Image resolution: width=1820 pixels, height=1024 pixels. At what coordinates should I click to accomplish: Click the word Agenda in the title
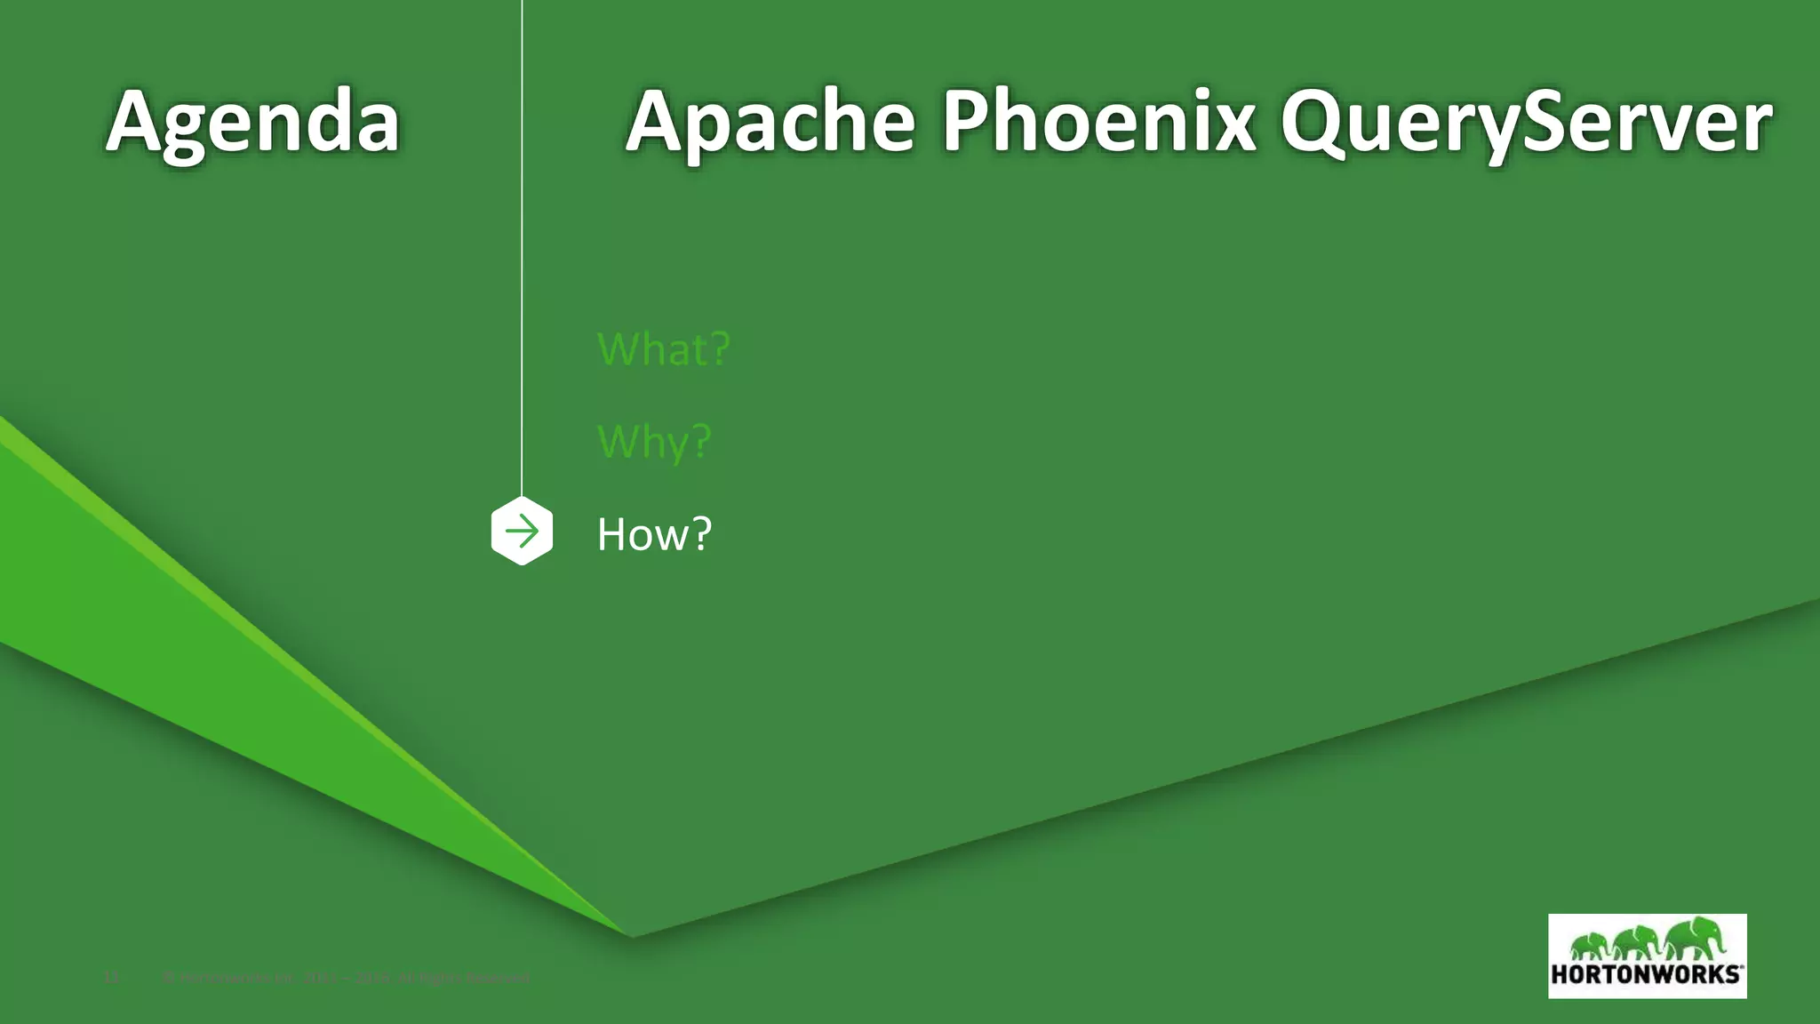(x=252, y=123)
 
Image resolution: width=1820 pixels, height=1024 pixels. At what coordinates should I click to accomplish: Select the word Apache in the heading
(x=770, y=123)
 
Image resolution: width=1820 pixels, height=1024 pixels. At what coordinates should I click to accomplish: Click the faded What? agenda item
(x=663, y=348)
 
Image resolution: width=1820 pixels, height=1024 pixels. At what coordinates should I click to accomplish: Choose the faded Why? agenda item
(x=654, y=441)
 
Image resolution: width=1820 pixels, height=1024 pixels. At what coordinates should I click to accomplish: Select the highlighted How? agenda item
(x=654, y=534)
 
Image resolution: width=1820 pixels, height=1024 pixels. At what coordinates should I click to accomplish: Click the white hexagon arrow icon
(x=522, y=532)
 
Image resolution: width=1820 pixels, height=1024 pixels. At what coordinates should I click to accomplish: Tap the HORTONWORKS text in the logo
(x=1646, y=973)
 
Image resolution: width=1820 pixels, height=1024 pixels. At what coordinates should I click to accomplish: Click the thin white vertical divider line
(x=522, y=249)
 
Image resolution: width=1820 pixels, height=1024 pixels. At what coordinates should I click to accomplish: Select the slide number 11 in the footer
(x=111, y=979)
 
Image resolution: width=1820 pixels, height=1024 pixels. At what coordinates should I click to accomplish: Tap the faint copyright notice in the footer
(x=347, y=979)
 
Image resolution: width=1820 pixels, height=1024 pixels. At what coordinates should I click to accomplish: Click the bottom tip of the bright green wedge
(x=629, y=933)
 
